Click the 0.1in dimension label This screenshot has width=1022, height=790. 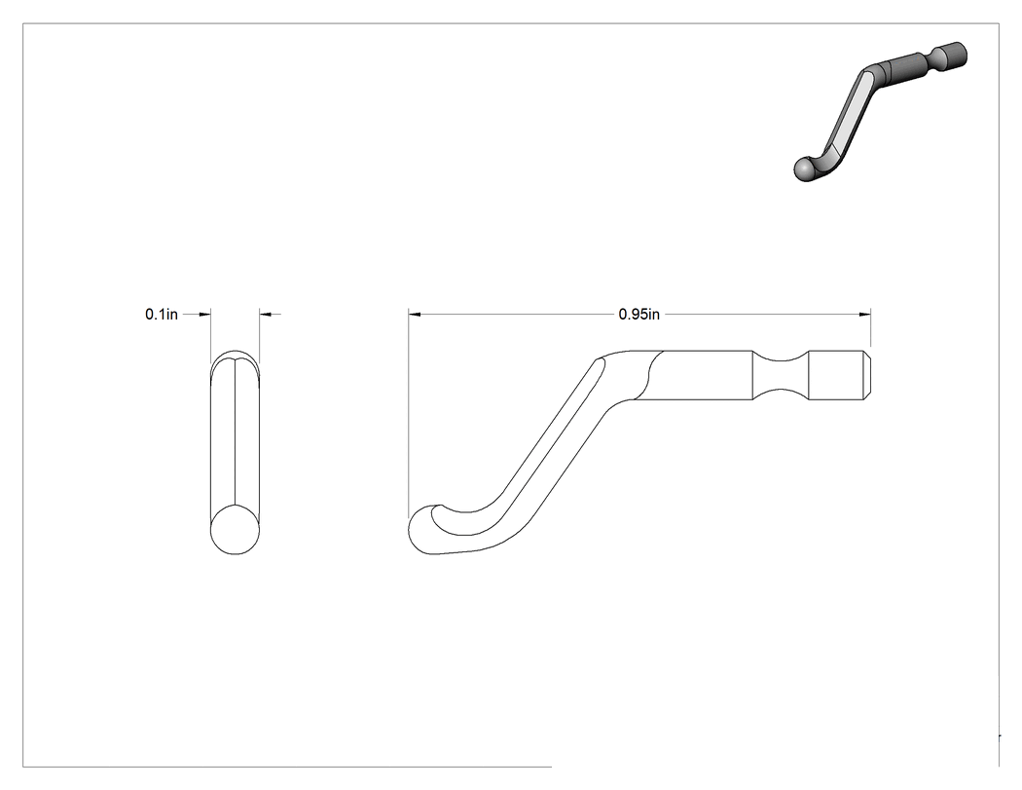pyautogui.click(x=161, y=315)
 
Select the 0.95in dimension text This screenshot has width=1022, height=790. pyautogui.click(x=639, y=315)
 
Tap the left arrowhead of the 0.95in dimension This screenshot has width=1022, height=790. pyautogui.click(x=415, y=315)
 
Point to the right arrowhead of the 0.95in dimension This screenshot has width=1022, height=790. pyautogui.click(x=865, y=315)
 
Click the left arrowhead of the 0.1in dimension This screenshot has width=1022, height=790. pyautogui.click(x=204, y=315)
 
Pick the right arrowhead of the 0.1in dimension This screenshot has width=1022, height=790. pyautogui.click(x=266, y=315)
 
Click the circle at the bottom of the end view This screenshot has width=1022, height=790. pyautogui.click(x=235, y=530)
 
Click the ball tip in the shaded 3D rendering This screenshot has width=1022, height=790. pyautogui.click(x=806, y=169)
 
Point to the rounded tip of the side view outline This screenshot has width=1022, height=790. pyautogui.click(x=422, y=530)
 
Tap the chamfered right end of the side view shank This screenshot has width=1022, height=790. pyautogui.click(x=867, y=375)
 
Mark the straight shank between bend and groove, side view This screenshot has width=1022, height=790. pyautogui.click(x=704, y=375)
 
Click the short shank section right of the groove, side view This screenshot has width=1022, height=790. pyautogui.click(x=836, y=375)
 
